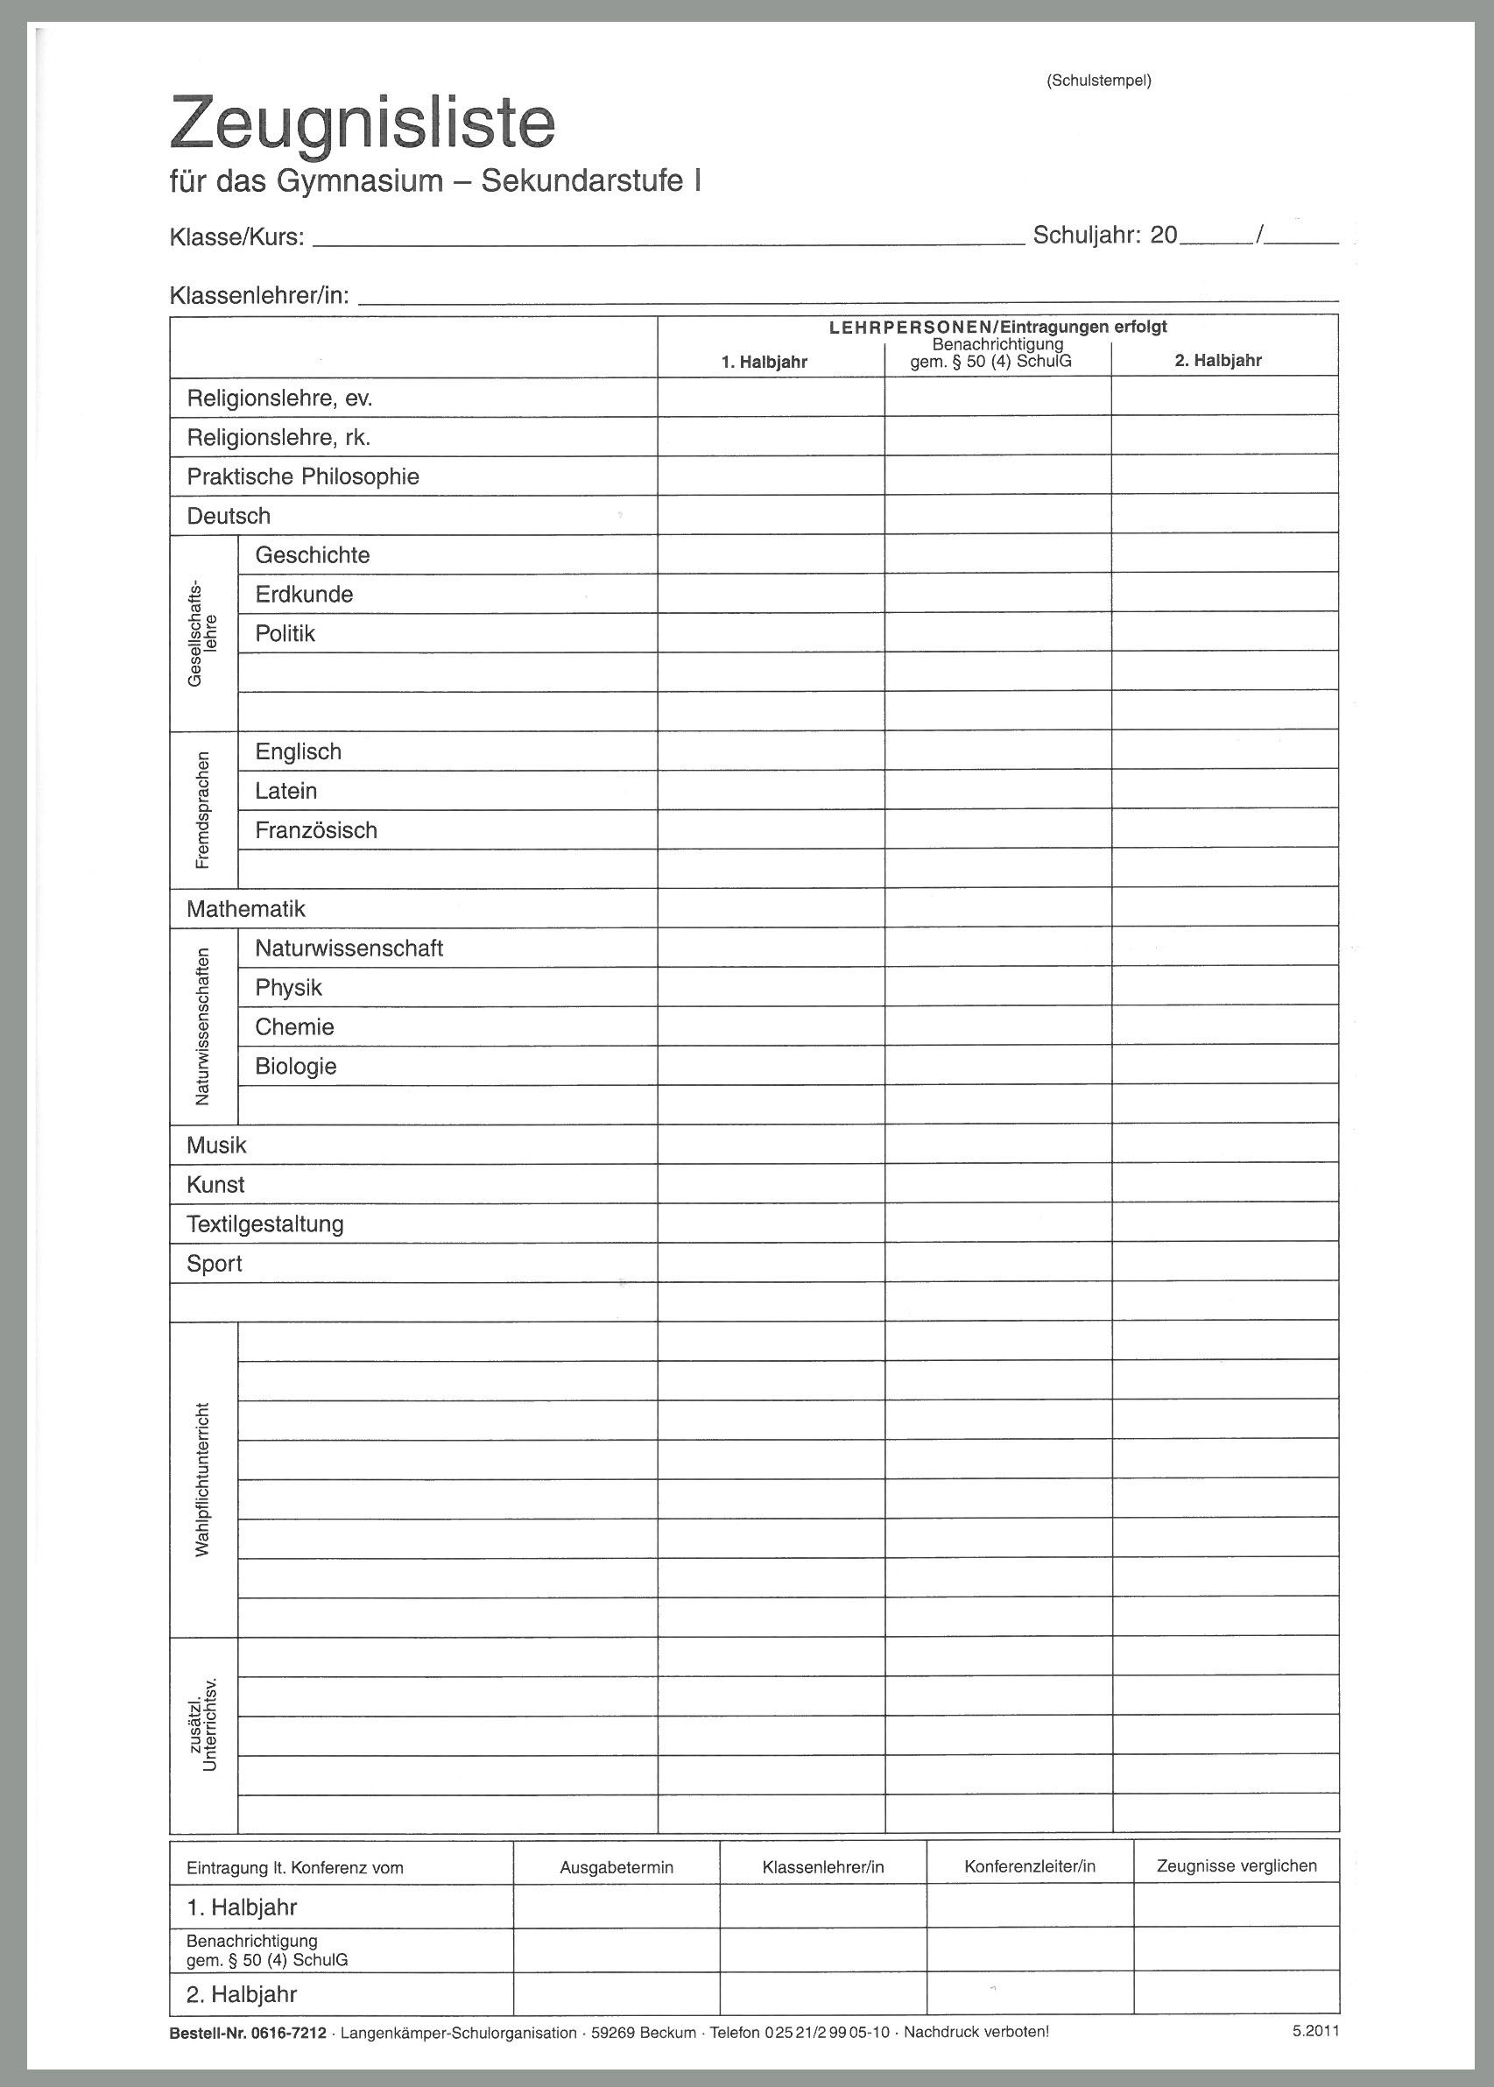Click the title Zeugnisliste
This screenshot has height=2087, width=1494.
click(363, 124)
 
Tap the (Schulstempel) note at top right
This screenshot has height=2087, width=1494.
click(1098, 81)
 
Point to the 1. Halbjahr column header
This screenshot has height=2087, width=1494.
click(764, 363)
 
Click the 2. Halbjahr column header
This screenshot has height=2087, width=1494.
click(1217, 361)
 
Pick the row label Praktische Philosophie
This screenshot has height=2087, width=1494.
click(303, 476)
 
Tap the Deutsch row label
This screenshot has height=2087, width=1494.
click(229, 516)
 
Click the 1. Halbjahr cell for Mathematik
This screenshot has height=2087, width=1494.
click(771, 908)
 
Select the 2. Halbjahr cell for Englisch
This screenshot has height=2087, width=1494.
click(1224, 751)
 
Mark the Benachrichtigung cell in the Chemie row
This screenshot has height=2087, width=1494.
click(997, 1026)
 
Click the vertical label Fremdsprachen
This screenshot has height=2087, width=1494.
click(203, 810)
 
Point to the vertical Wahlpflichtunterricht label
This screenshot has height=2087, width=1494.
click(203, 1479)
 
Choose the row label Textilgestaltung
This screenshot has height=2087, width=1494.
click(265, 1224)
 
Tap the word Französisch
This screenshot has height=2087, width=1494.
click(315, 829)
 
